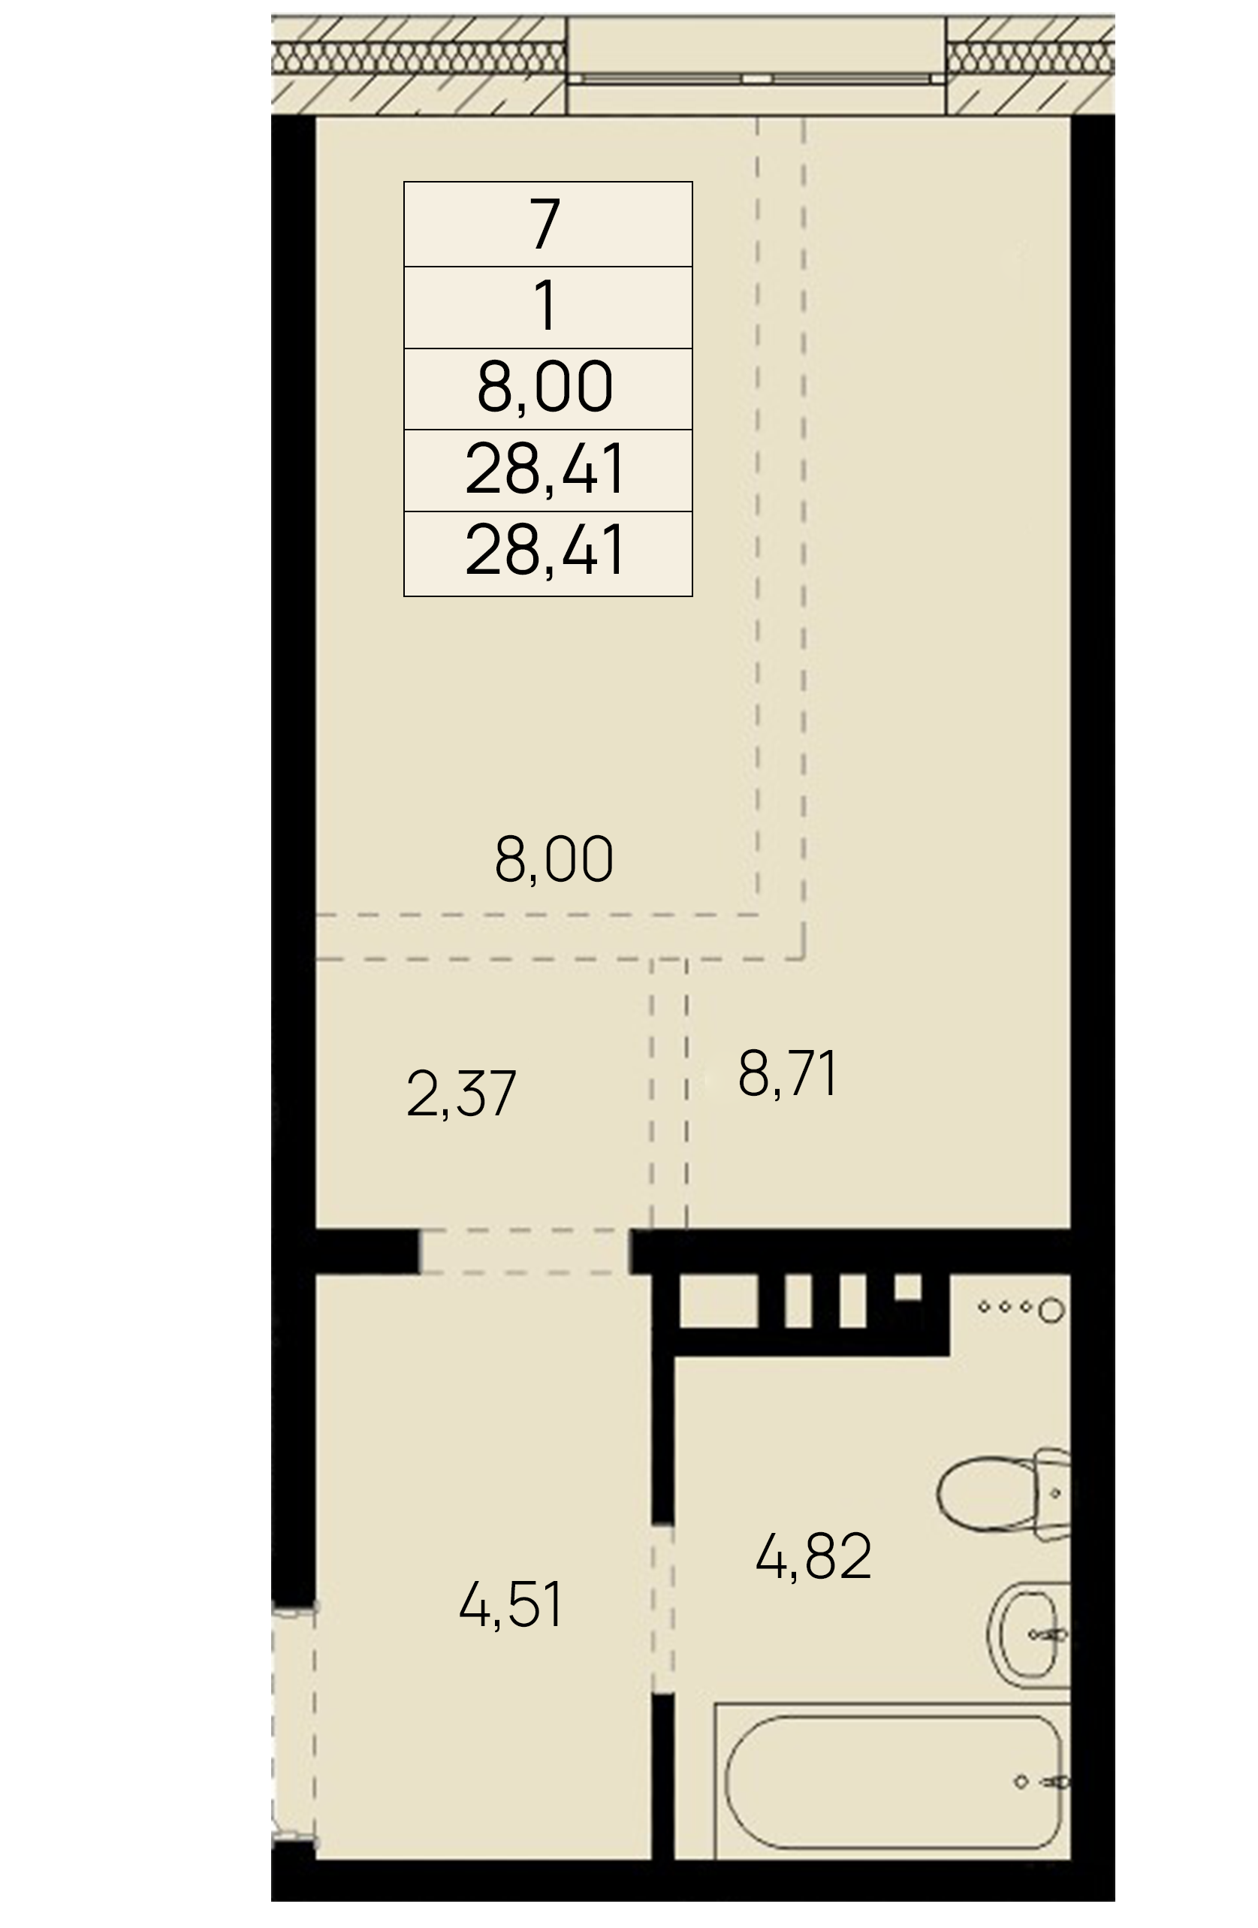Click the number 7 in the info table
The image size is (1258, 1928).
(545, 224)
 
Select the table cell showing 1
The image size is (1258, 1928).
(548, 307)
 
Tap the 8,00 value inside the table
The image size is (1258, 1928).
(545, 388)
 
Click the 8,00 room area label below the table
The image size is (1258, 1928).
(554, 859)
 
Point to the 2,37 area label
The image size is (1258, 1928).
(461, 1094)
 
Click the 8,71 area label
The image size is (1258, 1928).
(787, 1073)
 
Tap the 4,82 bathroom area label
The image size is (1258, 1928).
(813, 1557)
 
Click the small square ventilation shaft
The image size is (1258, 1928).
(908, 1287)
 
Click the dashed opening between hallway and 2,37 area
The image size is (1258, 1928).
(525, 1251)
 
